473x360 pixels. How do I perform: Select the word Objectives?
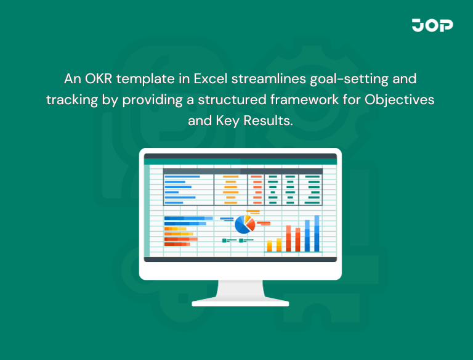pos(400,100)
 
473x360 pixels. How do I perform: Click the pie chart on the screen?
pos(245,224)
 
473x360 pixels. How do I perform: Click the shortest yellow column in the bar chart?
pos(269,245)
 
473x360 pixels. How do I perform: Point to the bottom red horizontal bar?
pos(177,244)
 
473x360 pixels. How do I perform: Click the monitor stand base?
pos(240,303)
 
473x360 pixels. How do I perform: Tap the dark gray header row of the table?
pos(242,171)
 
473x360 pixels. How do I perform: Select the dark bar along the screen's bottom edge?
pos(240,260)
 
